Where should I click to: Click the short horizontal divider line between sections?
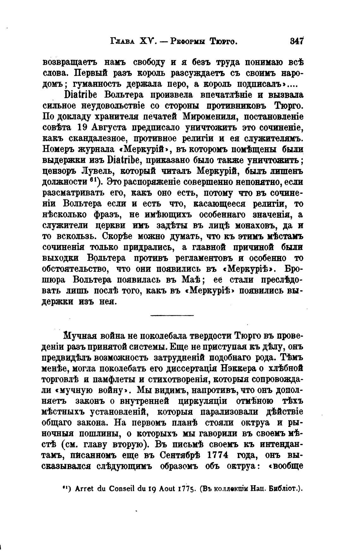tap(172, 315)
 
